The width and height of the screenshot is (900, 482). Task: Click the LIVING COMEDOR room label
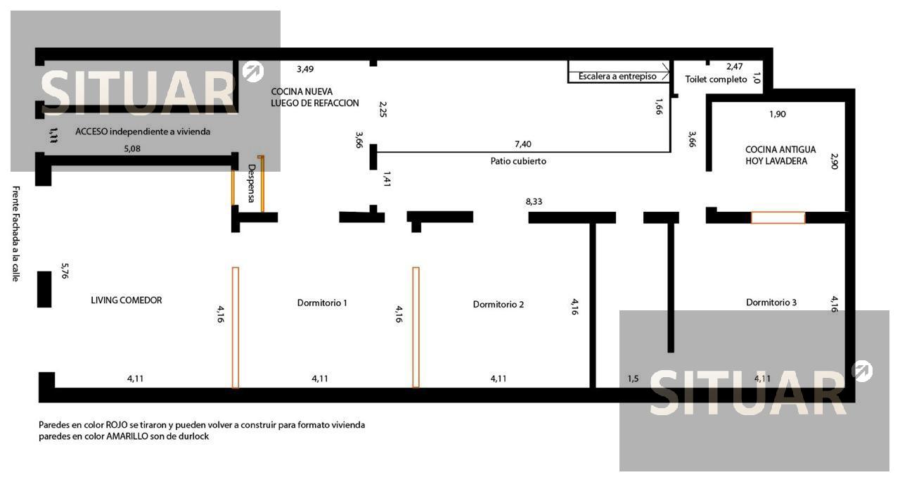pos(126,300)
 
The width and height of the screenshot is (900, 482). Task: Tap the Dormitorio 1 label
pos(322,303)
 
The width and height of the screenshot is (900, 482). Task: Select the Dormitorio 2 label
pos(499,304)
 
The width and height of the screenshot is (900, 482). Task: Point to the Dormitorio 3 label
pos(771,303)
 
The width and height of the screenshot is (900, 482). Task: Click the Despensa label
pos(252,184)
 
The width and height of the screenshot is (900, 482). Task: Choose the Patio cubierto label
pos(518,161)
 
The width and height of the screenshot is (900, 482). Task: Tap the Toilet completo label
pos(716,80)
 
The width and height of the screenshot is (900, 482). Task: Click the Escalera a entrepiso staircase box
pos(619,72)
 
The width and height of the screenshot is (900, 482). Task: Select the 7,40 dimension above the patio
pos(522,144)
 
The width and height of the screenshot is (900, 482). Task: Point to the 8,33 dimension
pos(534,201)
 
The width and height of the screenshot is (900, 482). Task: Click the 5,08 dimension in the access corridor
pos(132,148)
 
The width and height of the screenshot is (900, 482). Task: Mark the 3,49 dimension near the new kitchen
pos(305,69)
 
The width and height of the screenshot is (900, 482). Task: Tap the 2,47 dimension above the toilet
pos(735,66)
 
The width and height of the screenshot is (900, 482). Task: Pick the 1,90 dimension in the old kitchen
pos(778,114)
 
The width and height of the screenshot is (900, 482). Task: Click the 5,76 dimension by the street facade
pos(65,271)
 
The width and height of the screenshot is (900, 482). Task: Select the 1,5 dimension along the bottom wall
pos(634,379)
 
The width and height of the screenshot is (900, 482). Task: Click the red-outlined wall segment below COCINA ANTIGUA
pos(778,217)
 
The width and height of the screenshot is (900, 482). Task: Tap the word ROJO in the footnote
pos(117,425)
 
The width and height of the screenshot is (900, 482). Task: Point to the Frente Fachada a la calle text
pos(15,234)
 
